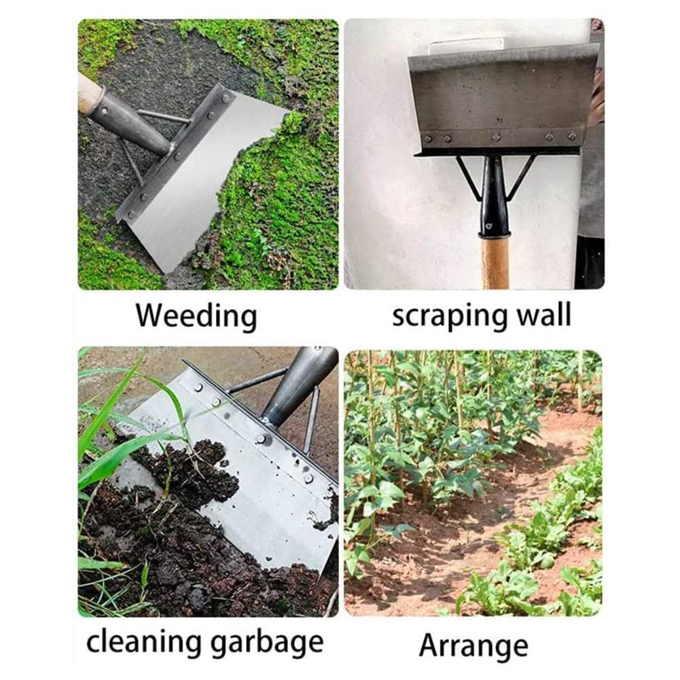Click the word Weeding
click(x=196, y=317)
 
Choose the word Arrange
click(x=473, y=645)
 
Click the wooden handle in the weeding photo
click(x=89, y=93)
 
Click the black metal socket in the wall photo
click(x=495, y=197)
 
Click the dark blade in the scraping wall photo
click(x=503, y=95)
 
